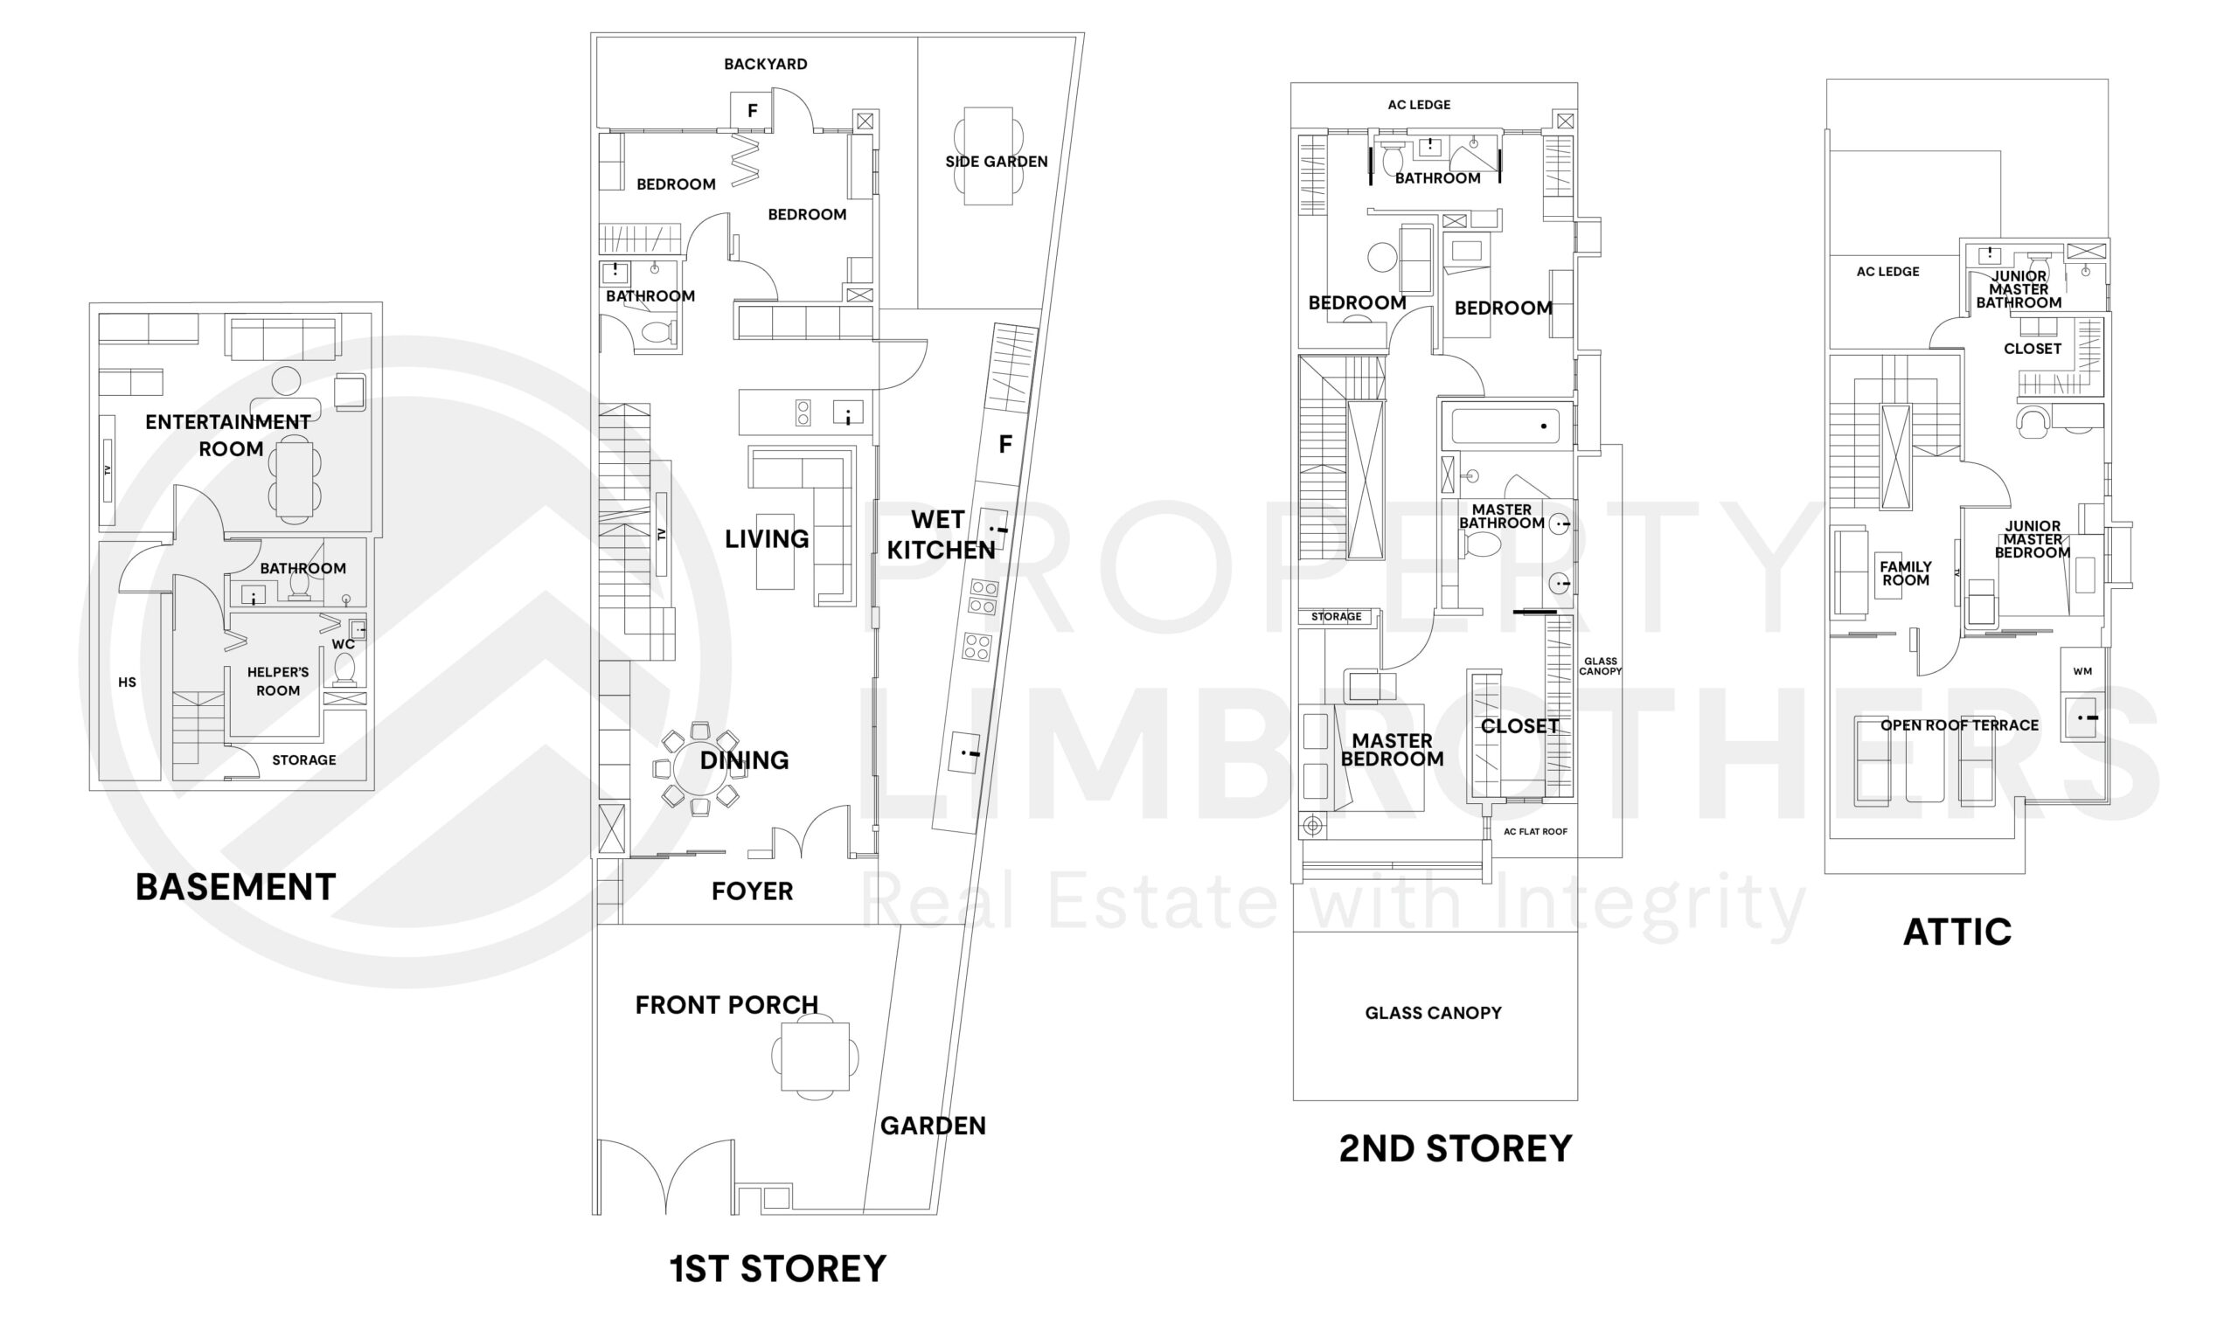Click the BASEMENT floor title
click(x=235, y=888)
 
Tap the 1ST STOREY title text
click(x=778, y=1269)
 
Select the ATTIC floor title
click(x=1957, y=932)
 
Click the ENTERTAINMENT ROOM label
click(x=228, y=434)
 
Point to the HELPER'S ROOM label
click(x=277, y=681)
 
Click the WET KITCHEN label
click(x=940, y=535)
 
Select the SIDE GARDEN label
click(x=996, y=162)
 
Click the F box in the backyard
click(x=751, y=111)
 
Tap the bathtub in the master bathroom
click(x=1505, y=426)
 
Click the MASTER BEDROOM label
click(x=1391, y=750)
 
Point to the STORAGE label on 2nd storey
click(x=1336, y=616)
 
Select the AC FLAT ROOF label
click(x=1535, y=831)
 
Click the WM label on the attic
click(x=2082, y=671)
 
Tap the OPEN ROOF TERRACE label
click(x=1959, y=725)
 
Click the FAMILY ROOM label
click(x=1905, y=572)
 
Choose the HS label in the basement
click(x=127, y=683)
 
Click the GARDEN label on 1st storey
click(x=933, y=1126)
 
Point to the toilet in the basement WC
click(x=344, y=667)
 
